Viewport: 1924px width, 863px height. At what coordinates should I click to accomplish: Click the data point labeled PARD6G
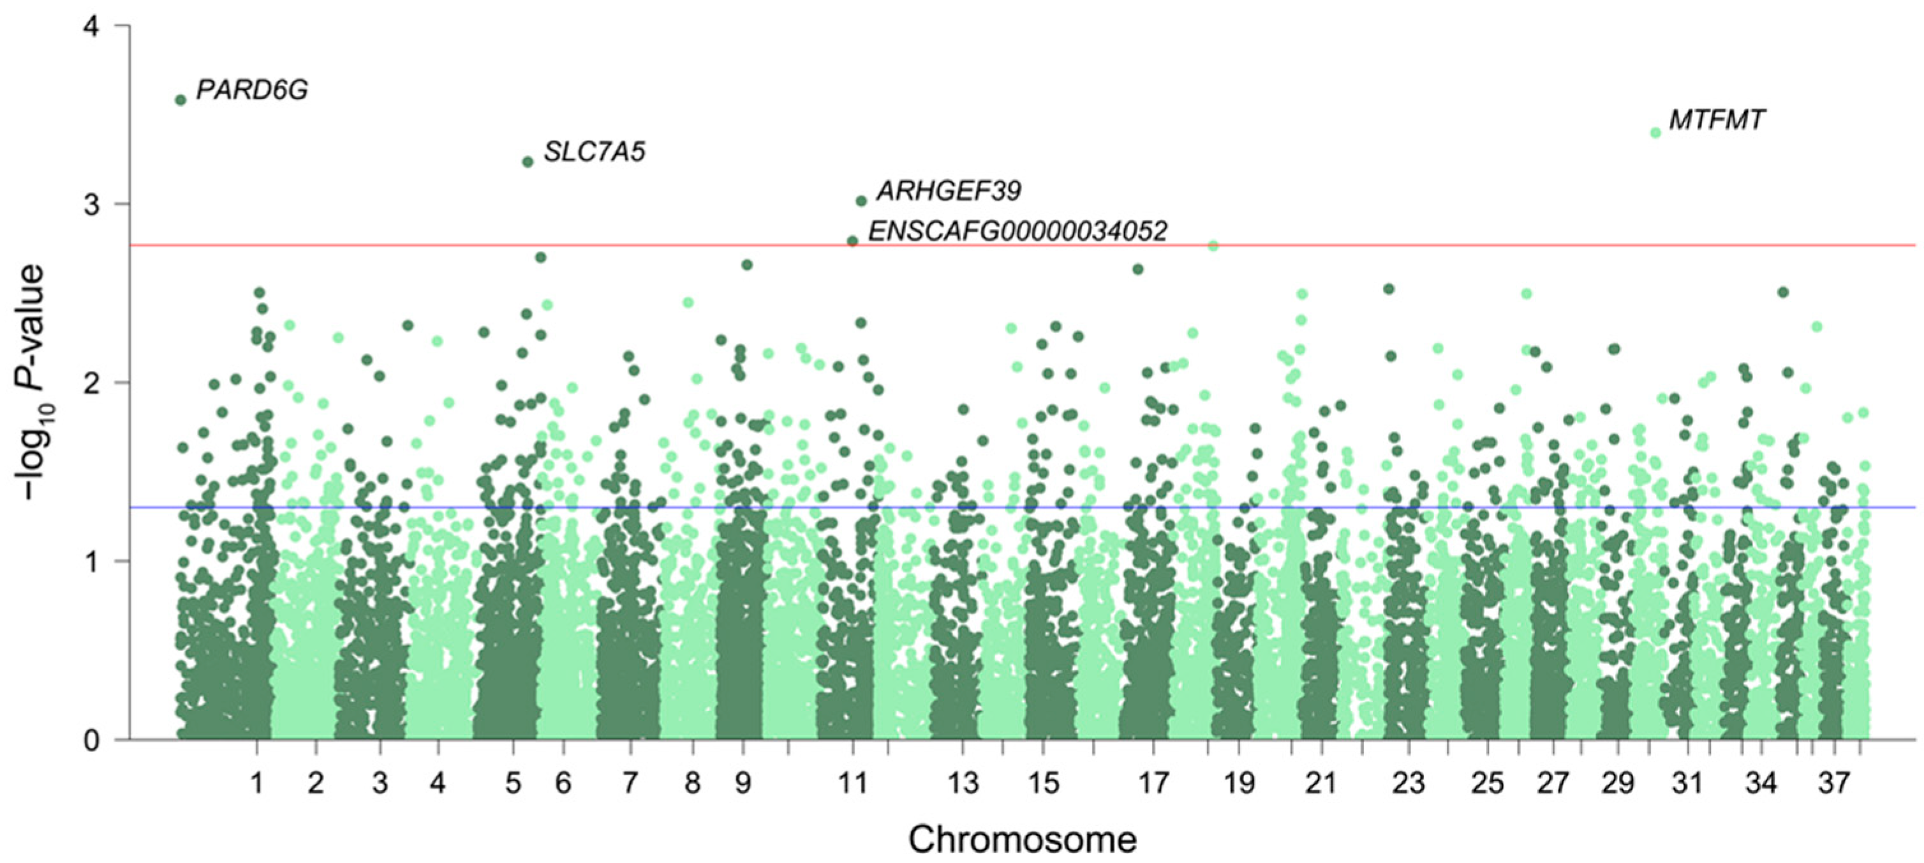(180, 100)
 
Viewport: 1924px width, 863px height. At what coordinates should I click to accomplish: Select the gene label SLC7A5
(594, 153)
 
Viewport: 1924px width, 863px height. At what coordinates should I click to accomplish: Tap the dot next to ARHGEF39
(861, 201)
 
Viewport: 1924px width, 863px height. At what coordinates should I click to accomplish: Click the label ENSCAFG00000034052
(1018, 231)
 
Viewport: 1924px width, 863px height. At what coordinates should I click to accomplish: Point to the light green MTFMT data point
(1655, 133)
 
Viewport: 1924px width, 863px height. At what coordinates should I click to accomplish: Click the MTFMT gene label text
(1717, 120)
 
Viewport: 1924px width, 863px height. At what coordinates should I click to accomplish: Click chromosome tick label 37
(1833, 783)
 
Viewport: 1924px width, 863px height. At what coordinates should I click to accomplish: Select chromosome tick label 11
(852, 783)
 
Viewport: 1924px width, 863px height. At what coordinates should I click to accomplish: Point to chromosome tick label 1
(257, 783)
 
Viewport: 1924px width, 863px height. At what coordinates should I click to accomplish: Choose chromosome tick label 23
(1408, 783)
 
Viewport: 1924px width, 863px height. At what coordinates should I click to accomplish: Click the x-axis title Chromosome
(1022, 840)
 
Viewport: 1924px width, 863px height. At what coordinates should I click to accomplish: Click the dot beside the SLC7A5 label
(528, 162)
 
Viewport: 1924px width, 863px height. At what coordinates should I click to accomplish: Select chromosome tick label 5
(513, 783)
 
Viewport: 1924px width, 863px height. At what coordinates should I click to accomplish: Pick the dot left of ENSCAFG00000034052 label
(852, 241)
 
